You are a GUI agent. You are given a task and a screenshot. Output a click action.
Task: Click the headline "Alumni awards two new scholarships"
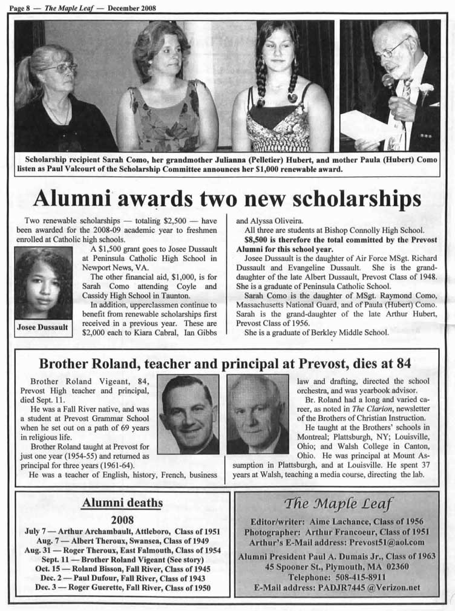click(227, 199)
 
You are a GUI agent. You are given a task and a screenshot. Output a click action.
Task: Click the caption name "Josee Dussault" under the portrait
click(42, 328)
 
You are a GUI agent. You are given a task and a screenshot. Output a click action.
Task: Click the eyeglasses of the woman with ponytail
click(59, 68)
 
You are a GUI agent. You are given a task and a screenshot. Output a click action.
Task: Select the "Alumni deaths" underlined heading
click(122, 503)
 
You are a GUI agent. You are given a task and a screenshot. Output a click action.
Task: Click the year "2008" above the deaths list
click(122, 519)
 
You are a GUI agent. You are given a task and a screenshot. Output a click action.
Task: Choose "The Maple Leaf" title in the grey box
click(338, 503)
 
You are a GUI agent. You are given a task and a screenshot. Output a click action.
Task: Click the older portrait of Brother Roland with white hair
click(258, 414)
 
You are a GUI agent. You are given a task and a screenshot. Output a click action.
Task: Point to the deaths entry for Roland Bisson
click(123, 569)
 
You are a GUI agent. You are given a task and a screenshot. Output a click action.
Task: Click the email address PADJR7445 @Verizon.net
click(367, 587)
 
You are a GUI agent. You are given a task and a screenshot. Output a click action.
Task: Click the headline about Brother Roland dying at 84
click(225, 364)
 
